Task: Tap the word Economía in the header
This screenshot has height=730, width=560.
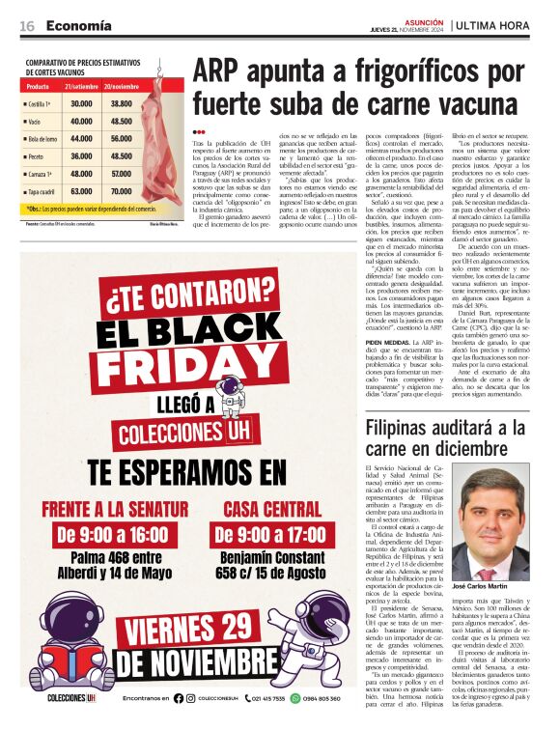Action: coord(78,25)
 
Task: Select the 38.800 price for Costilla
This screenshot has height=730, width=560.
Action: coord(122,103)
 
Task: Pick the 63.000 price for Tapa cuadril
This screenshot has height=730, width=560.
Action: coord(81,191)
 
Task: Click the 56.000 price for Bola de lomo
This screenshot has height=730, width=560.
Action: coord(122,138)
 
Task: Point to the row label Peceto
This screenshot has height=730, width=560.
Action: coord(40,156)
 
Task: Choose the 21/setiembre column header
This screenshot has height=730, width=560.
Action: coord(81,86)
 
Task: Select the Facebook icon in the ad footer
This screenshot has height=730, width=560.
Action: coord(178,698)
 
